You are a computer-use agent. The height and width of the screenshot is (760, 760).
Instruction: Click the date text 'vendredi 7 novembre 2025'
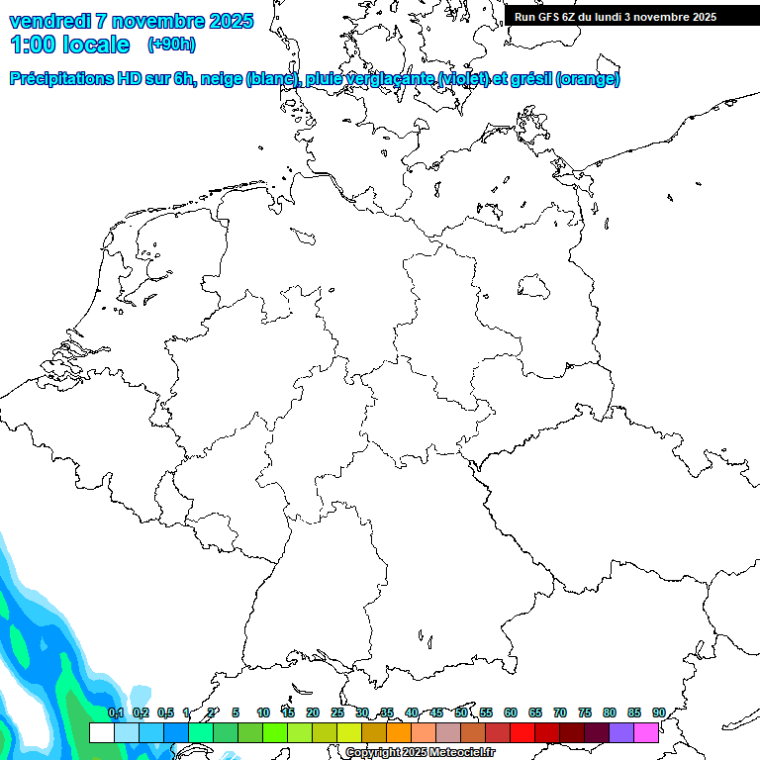131,21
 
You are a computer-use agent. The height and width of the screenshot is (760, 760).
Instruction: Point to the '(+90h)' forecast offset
171,45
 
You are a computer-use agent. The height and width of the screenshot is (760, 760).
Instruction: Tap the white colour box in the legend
101,733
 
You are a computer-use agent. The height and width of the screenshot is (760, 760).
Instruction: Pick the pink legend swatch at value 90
646,733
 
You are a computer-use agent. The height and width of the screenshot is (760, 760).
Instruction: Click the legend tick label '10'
263,712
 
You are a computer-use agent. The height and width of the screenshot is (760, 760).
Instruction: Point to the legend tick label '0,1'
116,712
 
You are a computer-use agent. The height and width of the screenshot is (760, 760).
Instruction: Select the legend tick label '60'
511,712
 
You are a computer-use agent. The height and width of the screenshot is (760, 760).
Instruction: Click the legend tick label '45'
436,712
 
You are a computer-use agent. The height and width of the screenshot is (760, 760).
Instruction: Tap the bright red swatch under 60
522,733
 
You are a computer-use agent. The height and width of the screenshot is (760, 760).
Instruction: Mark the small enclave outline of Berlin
533,288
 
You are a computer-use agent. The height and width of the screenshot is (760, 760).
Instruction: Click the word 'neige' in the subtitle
225,79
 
